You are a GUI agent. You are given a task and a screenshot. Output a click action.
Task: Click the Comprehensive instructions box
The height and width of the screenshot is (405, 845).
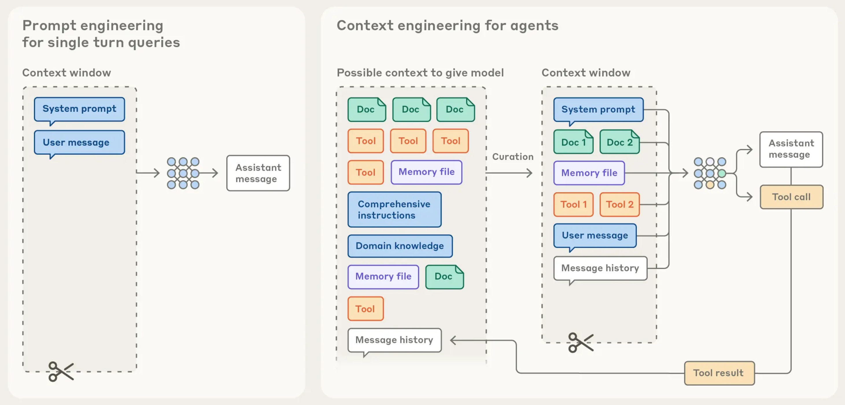tap(394, 209)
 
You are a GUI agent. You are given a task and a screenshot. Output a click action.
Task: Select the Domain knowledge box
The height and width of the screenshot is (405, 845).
tap(400, 246)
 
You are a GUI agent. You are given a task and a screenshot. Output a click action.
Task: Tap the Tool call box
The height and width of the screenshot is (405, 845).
tap(791, 197)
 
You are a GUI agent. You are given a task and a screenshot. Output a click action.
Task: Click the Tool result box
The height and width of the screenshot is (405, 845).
tap(719, 373)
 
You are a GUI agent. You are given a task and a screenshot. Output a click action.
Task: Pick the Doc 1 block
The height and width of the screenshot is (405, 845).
tap(573, 142)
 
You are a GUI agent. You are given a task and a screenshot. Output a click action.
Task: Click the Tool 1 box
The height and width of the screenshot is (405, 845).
tap(573, 205)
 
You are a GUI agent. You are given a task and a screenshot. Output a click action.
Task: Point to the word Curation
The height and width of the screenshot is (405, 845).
tap(513, 157)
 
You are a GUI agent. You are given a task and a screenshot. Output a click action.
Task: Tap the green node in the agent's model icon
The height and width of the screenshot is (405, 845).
tap(722, 173)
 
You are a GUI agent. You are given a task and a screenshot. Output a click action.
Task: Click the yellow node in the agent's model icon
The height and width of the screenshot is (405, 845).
tap(710, 185)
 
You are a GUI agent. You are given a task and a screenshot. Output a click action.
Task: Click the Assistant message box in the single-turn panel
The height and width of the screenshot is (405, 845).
tap(258, 173)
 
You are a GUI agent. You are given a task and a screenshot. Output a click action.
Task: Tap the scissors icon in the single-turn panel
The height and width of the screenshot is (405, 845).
tap(61, 371)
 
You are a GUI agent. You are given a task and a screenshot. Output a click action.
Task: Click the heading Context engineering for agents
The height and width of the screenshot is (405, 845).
tap(447, 25)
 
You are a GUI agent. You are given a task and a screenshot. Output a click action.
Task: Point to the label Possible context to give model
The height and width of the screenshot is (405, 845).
tap(420, 73)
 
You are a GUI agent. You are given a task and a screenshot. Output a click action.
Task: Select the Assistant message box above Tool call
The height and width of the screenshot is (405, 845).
tap(791, 149)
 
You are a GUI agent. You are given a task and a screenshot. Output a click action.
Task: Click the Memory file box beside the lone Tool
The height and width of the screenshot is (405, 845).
tap(427, 172)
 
